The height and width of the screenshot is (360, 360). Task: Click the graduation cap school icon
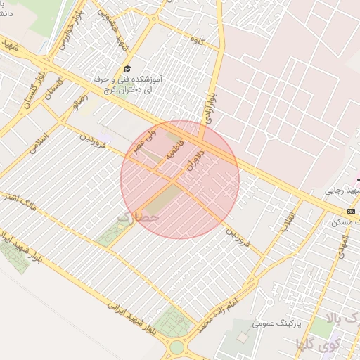127,68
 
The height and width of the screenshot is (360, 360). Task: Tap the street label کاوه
195,41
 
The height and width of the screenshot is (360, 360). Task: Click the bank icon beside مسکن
351,211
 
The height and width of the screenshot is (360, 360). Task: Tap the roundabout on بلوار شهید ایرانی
177,347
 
